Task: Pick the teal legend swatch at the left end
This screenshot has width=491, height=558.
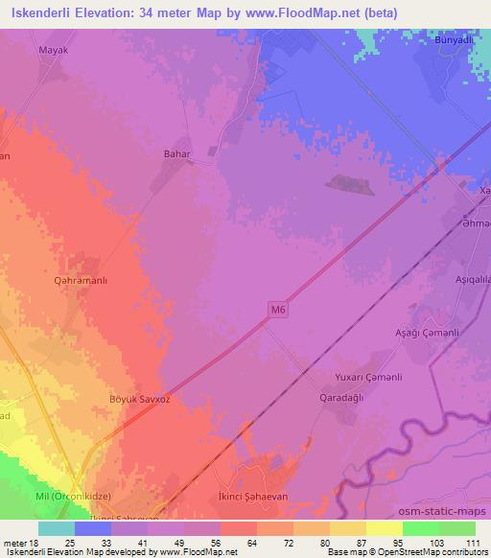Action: click(x=57, y=527)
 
